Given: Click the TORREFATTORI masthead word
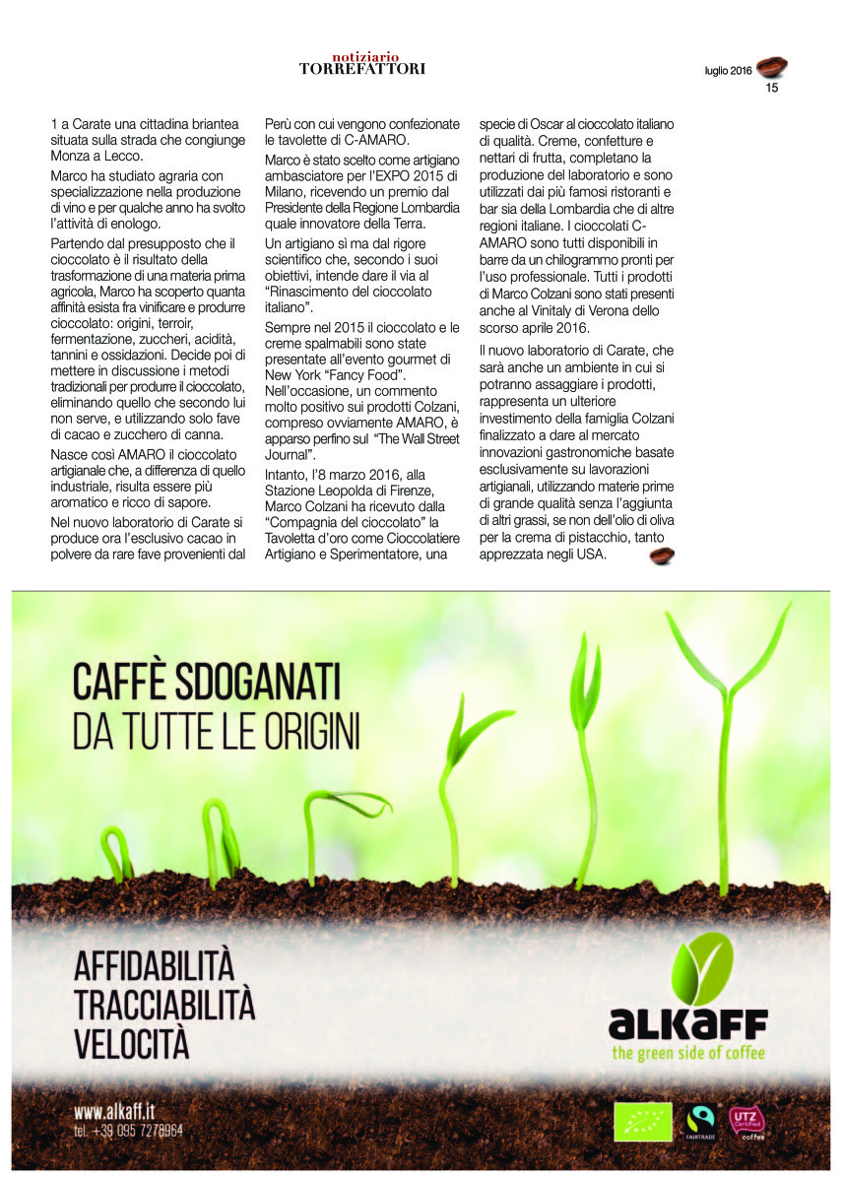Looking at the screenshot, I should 362,69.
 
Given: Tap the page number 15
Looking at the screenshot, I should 772,88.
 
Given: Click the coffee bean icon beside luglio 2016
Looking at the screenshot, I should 772,67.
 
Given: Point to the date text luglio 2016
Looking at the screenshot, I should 728,71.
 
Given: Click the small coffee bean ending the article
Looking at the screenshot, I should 662,556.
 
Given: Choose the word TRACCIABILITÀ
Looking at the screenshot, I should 164,1004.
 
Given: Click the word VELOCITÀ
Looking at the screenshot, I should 131,1042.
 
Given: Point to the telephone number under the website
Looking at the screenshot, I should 128,1131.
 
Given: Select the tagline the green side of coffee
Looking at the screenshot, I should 686,1054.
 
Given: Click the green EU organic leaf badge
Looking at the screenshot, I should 642,1122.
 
